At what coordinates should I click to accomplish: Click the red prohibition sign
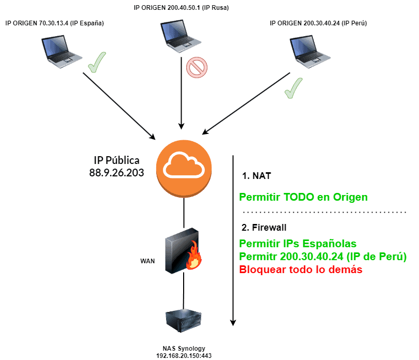(197, 67)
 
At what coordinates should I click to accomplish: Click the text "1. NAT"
(257, 176)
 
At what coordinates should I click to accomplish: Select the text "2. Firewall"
(264, 227)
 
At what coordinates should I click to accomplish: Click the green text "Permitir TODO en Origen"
(303, 197)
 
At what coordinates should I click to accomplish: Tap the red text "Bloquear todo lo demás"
(303, 270)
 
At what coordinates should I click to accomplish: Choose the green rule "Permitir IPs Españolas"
(297, 244)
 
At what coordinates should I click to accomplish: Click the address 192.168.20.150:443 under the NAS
(184, 356)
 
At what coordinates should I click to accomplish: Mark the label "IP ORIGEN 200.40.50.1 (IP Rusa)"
(181, 8)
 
